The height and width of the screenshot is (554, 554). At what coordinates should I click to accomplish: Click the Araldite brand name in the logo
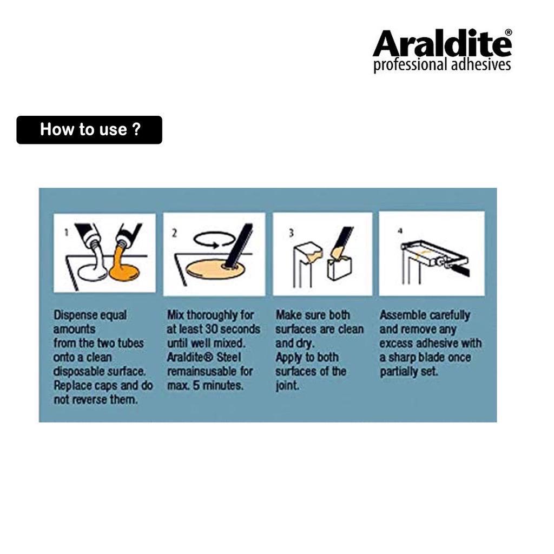441,43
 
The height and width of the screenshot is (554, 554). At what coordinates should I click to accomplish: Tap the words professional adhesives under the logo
442,65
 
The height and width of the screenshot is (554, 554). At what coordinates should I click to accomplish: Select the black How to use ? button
89,130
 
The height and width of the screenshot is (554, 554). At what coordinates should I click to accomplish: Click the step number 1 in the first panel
66,232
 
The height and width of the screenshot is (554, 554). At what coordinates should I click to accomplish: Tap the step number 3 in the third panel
291,233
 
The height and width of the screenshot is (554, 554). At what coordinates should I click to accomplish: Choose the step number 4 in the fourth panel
400,231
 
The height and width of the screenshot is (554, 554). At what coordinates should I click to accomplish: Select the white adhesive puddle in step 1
93,273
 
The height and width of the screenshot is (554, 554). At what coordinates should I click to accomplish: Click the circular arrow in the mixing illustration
214,240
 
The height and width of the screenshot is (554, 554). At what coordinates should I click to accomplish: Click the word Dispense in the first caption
76,315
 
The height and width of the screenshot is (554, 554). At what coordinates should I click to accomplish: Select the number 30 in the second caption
212,329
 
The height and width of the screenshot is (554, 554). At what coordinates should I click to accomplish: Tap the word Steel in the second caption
229,357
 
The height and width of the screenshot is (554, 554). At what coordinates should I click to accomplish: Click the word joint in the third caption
287,385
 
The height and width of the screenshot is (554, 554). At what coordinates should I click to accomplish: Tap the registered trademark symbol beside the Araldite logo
509,32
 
